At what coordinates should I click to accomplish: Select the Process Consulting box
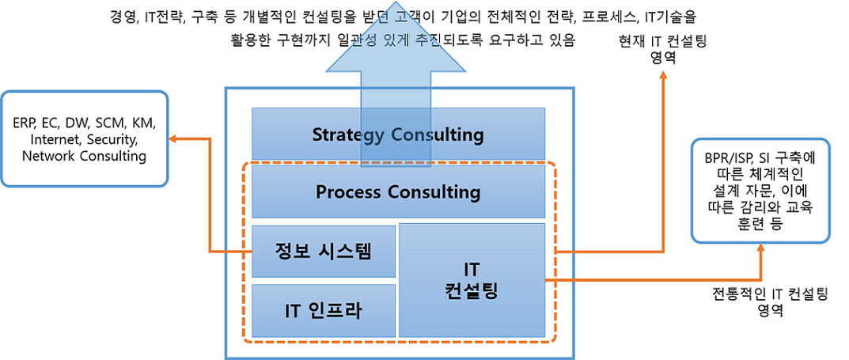(398, 192)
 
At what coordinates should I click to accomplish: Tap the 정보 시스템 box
(323, 251)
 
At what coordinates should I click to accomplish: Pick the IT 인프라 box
(323, 310)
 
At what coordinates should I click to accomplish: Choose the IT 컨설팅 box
(472, 279)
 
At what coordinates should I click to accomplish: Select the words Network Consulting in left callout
(84, 156)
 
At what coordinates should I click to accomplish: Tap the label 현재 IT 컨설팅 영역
(662, 49)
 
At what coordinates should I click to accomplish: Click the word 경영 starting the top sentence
(126, 16)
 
